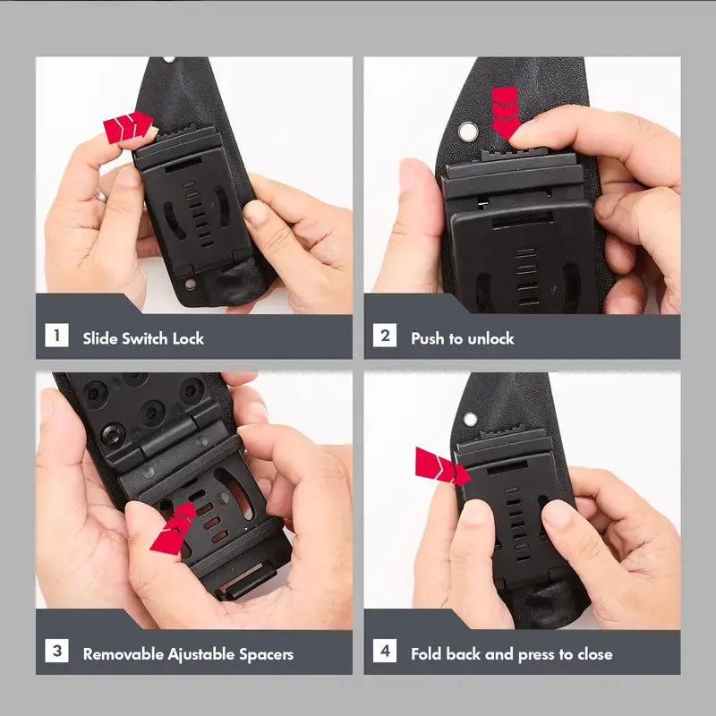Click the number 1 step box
coord(56,335)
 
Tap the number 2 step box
coord(385,335)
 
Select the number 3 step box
coord(56,651)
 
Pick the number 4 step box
coord(385,651)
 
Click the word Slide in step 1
coord(100,338)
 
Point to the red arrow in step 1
coord(128,127)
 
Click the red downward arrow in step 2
coord(505,113)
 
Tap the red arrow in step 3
coord(174,528)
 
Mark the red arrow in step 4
coord(442,466)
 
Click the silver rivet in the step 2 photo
coord(467,132)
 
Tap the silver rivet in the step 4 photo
coord(471,419)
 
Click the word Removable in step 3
coord(124,654)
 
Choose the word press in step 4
coord(535,655)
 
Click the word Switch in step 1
coord(145,338)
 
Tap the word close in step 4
coord(595,654)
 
